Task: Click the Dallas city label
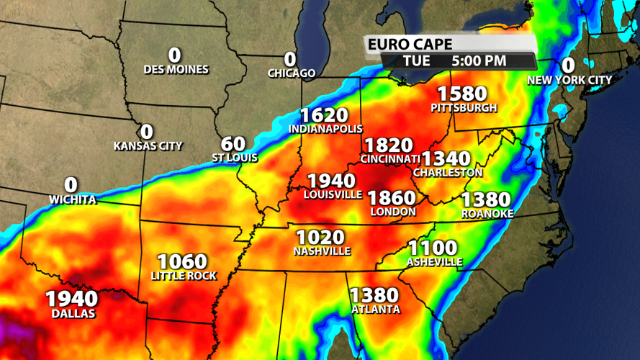tap(73, 314)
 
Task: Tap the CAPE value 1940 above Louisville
tap(331, 181)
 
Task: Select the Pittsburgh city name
tap(464, 108)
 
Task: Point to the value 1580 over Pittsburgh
tap(462, 94)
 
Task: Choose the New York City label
tap(569, 80)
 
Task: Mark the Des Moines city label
tap(176, 70)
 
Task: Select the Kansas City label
tap(148, 145)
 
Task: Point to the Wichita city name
tap(73, 199)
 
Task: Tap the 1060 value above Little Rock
tap(182, 261)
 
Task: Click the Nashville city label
tap(322, 251)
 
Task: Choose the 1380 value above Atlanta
tap(374, 295)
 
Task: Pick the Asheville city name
tap(434, 262)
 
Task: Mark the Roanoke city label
tap(487, 214)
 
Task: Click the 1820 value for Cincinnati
tap(388, 145)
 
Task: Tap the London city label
tap(392, 212)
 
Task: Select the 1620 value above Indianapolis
tap(324, 115)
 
